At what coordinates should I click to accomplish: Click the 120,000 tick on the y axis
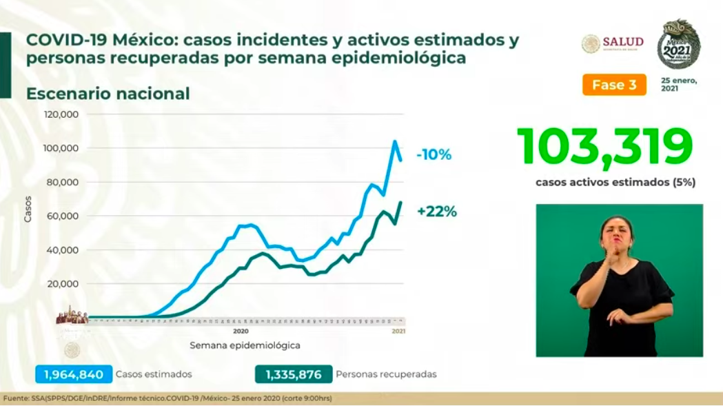click(x=61, y=114)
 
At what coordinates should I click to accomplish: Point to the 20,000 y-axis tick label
click(x=63, y=284)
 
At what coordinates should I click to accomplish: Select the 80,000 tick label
click(x=63, y=183)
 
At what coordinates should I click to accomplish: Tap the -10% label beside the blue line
click(x=434, y=155)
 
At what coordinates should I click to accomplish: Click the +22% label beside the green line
click(x=436, y=212)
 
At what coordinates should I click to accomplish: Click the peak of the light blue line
click(x=395, y=142)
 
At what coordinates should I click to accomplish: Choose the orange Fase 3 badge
click(x=614, y=85)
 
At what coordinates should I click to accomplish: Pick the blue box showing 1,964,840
click(x=74, y=375)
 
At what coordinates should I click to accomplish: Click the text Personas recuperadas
click(x=386, y=375)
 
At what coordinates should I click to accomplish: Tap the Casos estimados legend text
click(x=154, y=375)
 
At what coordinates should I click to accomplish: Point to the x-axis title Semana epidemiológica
click(x=245, y=345)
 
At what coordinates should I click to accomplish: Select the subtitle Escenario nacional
click(x=108, y=94)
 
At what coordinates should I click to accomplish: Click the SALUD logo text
click(x=623, y=42)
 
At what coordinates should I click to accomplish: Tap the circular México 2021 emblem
click(x=678, y=45)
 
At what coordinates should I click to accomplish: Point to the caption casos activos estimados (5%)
click(x=615, y=183)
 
